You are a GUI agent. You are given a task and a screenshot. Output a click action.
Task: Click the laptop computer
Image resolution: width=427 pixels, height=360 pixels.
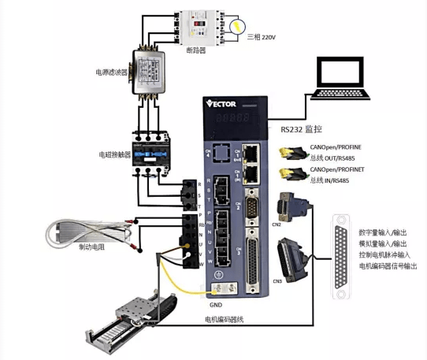340,78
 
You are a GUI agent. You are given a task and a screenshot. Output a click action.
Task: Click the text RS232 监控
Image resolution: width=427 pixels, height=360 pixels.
303,129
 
